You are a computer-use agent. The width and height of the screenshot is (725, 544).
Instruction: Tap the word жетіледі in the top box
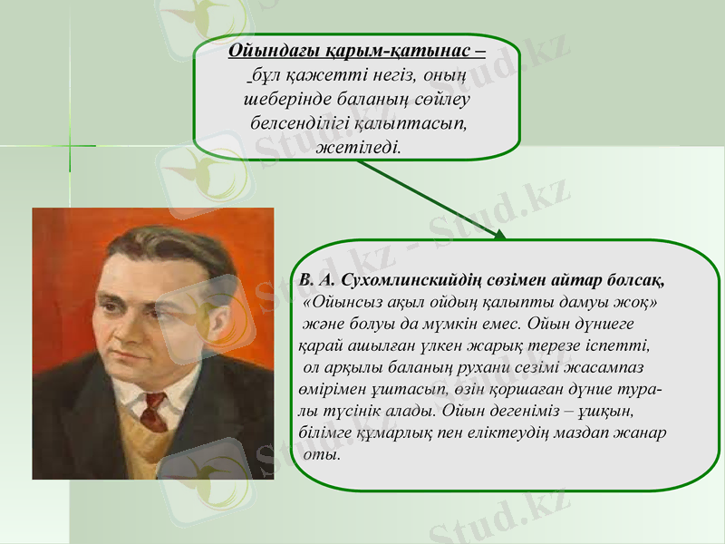pos(357,145)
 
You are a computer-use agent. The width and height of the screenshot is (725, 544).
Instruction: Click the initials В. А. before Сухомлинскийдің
pos(316,277)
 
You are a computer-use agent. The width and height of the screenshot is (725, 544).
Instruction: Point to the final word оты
pos(324,454)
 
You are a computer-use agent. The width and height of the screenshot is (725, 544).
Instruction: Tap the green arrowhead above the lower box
pos(500,235)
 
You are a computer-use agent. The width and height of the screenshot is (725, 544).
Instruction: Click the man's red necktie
pos(153,413)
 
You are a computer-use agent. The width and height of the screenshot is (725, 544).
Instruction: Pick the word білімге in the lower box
pos(327,432)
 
